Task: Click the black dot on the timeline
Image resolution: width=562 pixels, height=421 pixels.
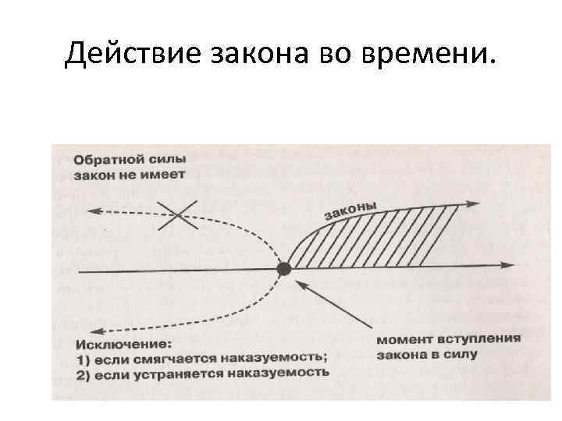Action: (284, 269)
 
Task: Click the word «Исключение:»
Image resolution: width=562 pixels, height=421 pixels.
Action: (117, 344)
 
